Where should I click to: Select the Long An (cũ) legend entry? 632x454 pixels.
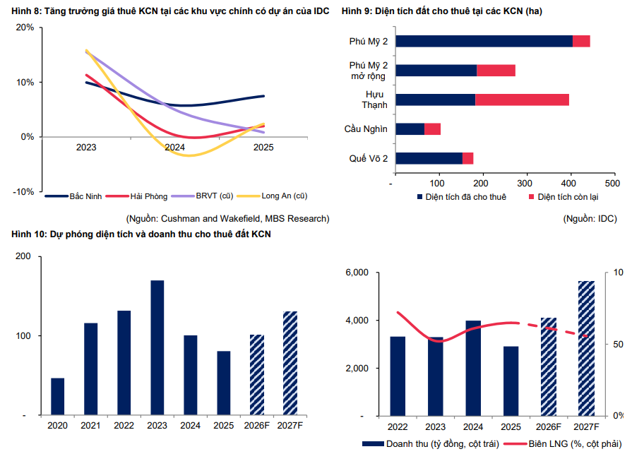coord(282,196)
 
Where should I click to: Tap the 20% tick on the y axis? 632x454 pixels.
coord(25,28)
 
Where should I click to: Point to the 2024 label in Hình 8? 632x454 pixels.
coord(174,148)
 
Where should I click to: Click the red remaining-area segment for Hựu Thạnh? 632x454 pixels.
coord(522,100)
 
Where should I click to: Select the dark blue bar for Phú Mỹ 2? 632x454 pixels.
coord(484,42)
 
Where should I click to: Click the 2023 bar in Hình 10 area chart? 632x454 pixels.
coord(157,347)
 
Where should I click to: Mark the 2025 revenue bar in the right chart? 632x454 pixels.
coord(511,381)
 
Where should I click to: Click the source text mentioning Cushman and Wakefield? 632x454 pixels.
coord(227,219)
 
